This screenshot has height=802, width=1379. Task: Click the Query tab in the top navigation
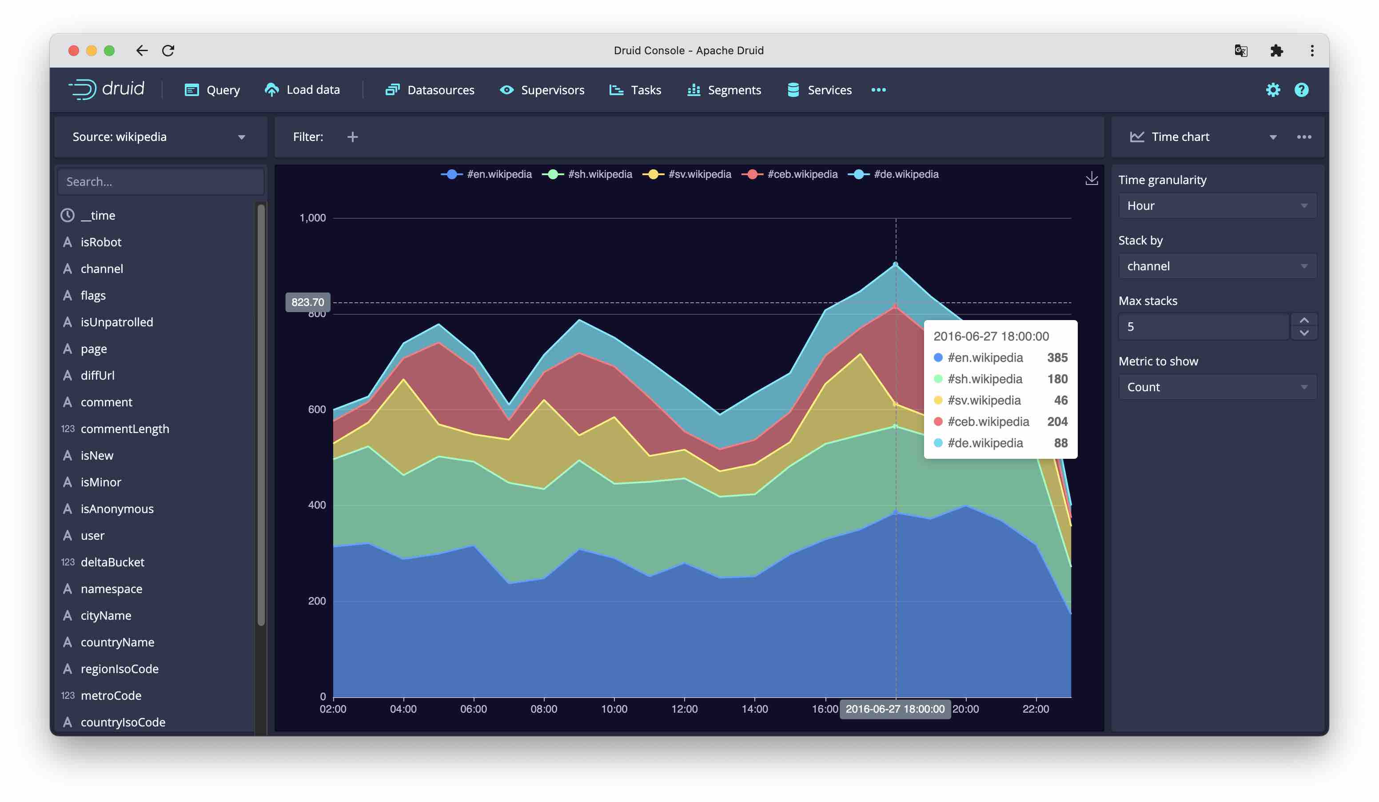click(x=212, y=90)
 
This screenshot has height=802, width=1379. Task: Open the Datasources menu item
click(x=430, y=90)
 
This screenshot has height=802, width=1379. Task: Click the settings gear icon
click(x=1272, y=90)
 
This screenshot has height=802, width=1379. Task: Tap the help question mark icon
click(x=1301, y=90)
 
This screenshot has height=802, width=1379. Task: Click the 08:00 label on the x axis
click(x=543, y=709)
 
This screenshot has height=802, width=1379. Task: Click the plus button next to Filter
click(x=352, y=137)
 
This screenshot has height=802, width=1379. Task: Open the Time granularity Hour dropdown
click(x=1216, y=206)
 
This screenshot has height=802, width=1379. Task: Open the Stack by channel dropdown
click(x=1216, y=266)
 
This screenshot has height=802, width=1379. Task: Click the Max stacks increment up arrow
click(x=1303, y=320)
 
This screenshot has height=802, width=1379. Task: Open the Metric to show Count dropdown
click(x=1216, y=387)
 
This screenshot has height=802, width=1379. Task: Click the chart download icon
click(x=1091, y=179)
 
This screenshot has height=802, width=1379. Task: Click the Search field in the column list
click(x=160, y=182)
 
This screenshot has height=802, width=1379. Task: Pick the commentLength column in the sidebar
click(x=124, y=429)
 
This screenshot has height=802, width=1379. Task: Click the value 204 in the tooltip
click(x=1057, y=421)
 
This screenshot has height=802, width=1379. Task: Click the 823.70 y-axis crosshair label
click(x=307, y=302)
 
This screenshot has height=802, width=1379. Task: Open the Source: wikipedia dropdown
click(x=159, y=137)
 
